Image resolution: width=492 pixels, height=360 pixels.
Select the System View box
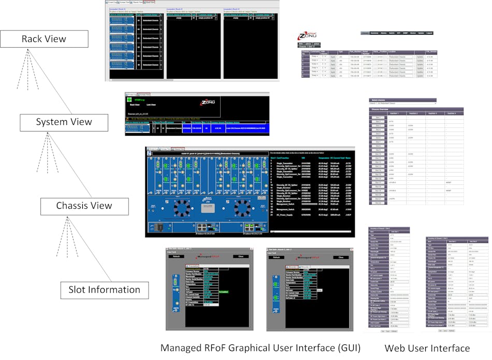pyautogui.click(x=64, y=122)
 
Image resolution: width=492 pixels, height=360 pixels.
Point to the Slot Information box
pyautogui.click(x=104, y=290)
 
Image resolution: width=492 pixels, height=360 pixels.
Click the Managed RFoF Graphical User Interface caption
pyautogui.click(x=260, y=348)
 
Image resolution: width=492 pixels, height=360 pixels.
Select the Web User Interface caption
pyautogui.click(x=427, y=348)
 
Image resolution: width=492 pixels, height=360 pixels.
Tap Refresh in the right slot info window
pyautogui.click(x=276, y=256)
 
